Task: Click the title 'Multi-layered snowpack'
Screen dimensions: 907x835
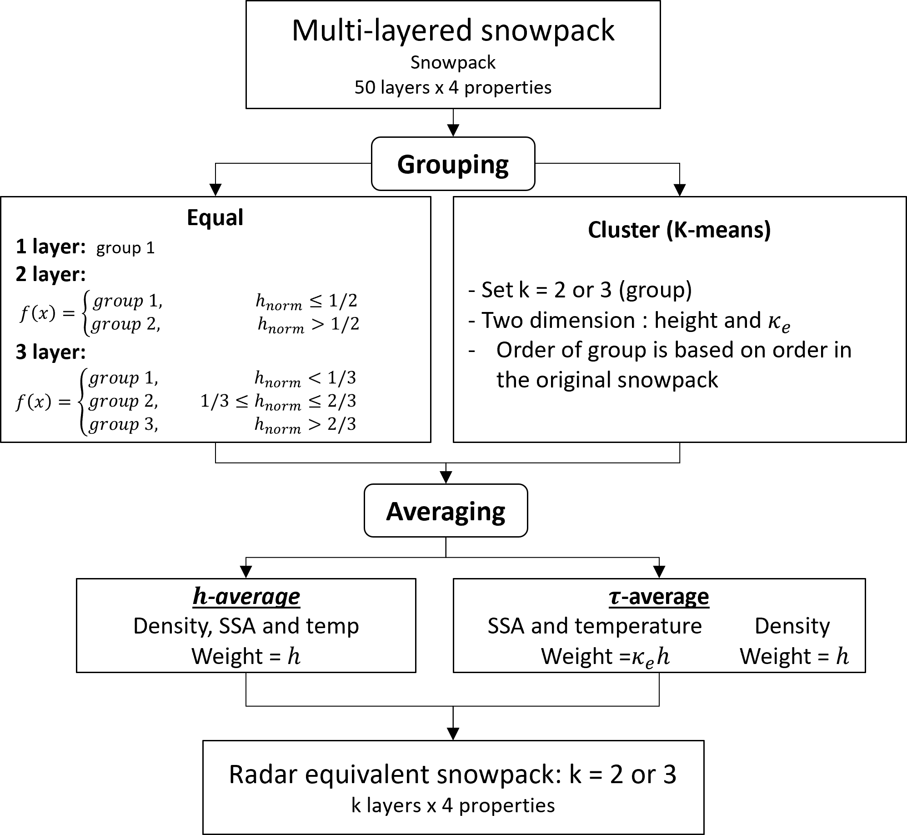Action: pyautogui.click(x=453, y=31)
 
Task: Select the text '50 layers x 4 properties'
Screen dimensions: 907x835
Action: pyautogui.click(x=453, y=87)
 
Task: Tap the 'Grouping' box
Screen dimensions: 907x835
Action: pyautogui.click(x=453, y=164)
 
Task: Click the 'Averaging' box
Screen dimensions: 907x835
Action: pyautogui.click(x=446, y=511)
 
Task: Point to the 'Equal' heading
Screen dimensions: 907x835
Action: pyautogui.click(x=215, y=217)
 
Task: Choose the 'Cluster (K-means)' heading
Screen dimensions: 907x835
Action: pyautogui.click(x=679, y=230)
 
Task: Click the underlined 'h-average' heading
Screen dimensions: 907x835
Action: pyautogui.click(x=246, y=596)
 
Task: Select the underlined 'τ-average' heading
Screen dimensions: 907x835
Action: pyautogui.click(x=659, y=596)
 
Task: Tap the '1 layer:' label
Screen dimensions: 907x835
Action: pyautogui.click(x=50, y=246)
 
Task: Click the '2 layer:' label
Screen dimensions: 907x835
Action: pyautogui.click(x=50, y=274)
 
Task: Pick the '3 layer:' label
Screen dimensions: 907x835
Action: pyautogui.click(x=50, y=352)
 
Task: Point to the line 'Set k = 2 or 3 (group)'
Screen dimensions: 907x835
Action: pyautogui.click(x=580, y=290)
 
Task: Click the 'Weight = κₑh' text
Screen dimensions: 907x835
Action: pyautogui.click(x=605, y=656)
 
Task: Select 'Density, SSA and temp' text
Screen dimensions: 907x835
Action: pyautogui.click(x=246, y=626)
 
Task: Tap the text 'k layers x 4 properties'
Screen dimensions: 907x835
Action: pyautogui.click(x=453, y=805)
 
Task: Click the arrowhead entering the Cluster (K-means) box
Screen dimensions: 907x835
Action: pyautogui.click(x=679, y=191)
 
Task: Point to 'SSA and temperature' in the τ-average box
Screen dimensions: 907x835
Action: pyautogui.click(x=595, y=626)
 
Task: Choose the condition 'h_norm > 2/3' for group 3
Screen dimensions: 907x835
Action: pyautogui.click(x=305, y=425)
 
